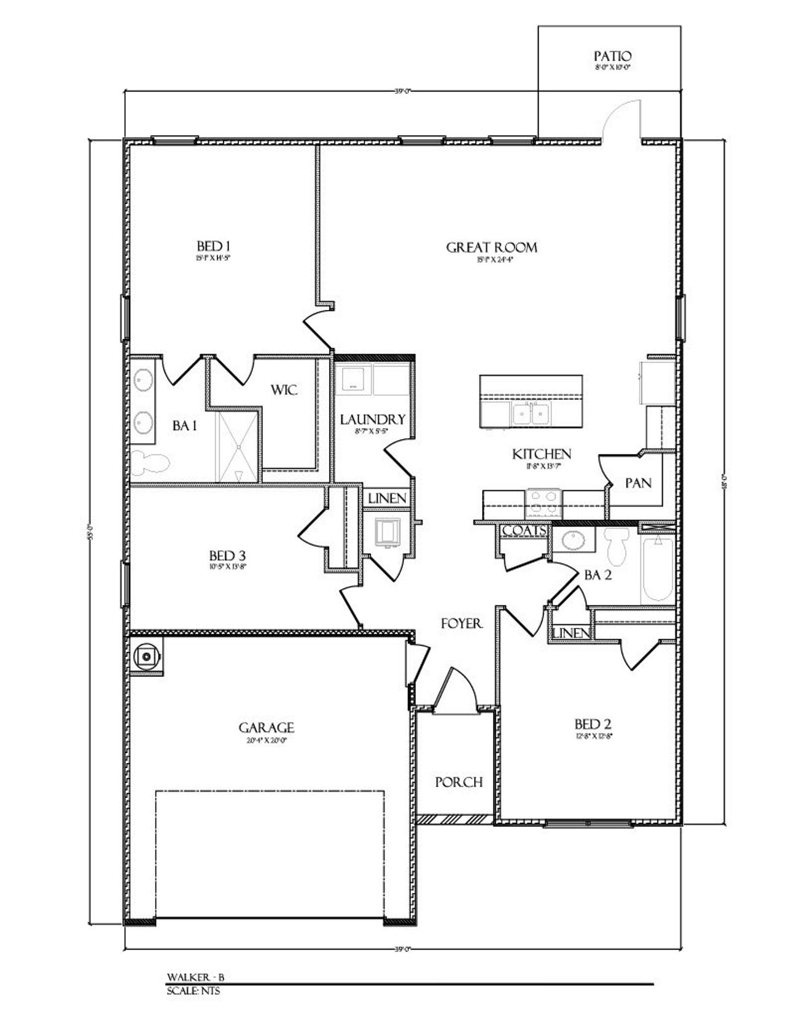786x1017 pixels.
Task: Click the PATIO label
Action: point(612,56)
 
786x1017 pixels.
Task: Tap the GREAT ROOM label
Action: point(491,247)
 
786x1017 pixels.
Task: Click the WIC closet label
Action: point(284,390)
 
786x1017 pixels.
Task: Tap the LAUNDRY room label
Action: point(373,419)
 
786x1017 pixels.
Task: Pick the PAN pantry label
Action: point(638,483)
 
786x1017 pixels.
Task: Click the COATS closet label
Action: point(524,530)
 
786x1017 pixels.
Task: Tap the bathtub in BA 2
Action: point(658,570)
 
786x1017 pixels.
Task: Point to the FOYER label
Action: point(462,624)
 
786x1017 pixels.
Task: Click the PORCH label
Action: point(459,783)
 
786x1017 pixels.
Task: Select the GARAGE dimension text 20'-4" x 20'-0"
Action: point(267,741)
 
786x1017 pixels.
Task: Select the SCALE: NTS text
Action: point(193,991)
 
